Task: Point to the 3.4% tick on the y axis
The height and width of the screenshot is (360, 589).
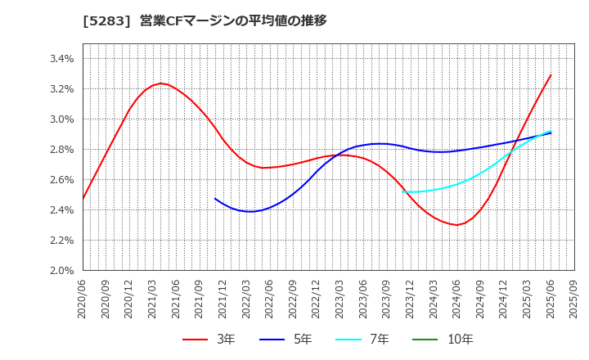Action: (62, 59)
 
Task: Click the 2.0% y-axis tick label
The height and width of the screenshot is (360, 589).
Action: (62, 271)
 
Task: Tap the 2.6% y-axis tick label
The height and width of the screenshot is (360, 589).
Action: (62, 180)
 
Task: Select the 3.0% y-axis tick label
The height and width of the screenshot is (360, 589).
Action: (62, 119)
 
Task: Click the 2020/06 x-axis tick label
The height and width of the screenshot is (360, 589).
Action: (83, 299)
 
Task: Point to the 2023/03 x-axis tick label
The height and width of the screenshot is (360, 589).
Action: (339, 299)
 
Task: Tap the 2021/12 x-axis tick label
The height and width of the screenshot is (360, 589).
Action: (223, 299)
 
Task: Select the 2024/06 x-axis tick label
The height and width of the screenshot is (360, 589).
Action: (456, 299)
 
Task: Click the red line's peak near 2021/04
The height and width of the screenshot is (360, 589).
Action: (161, 83)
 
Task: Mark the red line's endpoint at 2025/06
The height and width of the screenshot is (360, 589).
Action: (551, 75)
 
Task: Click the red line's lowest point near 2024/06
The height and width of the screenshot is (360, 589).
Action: (456, 225)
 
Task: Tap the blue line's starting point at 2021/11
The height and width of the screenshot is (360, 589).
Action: (215, 198)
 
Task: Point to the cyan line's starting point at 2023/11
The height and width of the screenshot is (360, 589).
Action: (402, 191)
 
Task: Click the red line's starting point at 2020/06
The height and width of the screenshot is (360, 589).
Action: (83, 199)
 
